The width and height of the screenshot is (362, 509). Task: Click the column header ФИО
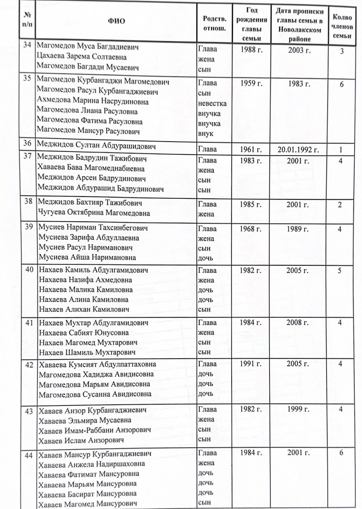[116, 21]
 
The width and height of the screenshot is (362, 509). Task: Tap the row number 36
[27, 144]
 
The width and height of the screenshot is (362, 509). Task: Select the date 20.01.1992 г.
[298, 150]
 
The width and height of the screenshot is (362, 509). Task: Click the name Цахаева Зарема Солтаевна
[82, 57]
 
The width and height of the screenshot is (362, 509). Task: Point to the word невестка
[212, 103]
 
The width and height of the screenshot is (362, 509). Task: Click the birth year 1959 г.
[251, 83]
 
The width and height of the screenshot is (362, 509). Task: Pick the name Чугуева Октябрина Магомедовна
[94, 213]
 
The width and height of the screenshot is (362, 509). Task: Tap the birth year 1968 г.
[250, 229]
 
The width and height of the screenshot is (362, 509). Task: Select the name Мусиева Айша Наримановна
[87, 257]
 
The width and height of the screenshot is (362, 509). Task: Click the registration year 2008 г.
[297, 322]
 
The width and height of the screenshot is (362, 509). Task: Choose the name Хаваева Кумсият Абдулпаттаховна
[97, 365]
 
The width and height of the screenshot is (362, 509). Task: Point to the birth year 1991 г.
[251, 364]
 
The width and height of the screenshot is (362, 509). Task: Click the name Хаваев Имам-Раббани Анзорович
[94, 430]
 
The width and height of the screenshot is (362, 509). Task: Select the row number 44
[29, 455]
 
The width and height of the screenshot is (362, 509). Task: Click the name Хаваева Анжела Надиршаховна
[91, 464]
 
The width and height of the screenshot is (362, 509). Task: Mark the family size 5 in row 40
[340, 271]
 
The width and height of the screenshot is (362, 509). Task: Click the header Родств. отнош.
[215, 23]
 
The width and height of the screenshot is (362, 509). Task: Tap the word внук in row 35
[206, 134]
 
